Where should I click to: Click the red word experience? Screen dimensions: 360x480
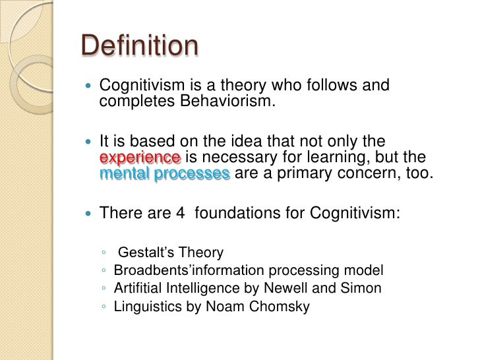point(140,158)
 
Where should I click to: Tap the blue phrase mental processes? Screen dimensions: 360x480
point(165,173)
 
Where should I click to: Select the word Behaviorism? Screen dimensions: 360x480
point(218,102)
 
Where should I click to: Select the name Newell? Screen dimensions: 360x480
point(287,289)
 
